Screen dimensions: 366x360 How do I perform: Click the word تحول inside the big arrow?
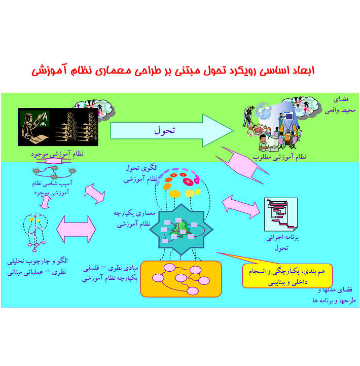click(165, 130)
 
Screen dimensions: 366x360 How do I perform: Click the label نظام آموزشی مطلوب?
click(279, 157)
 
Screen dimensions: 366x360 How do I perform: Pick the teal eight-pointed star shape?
click(180, 229)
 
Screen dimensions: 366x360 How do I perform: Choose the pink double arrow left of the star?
click(77, 229)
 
